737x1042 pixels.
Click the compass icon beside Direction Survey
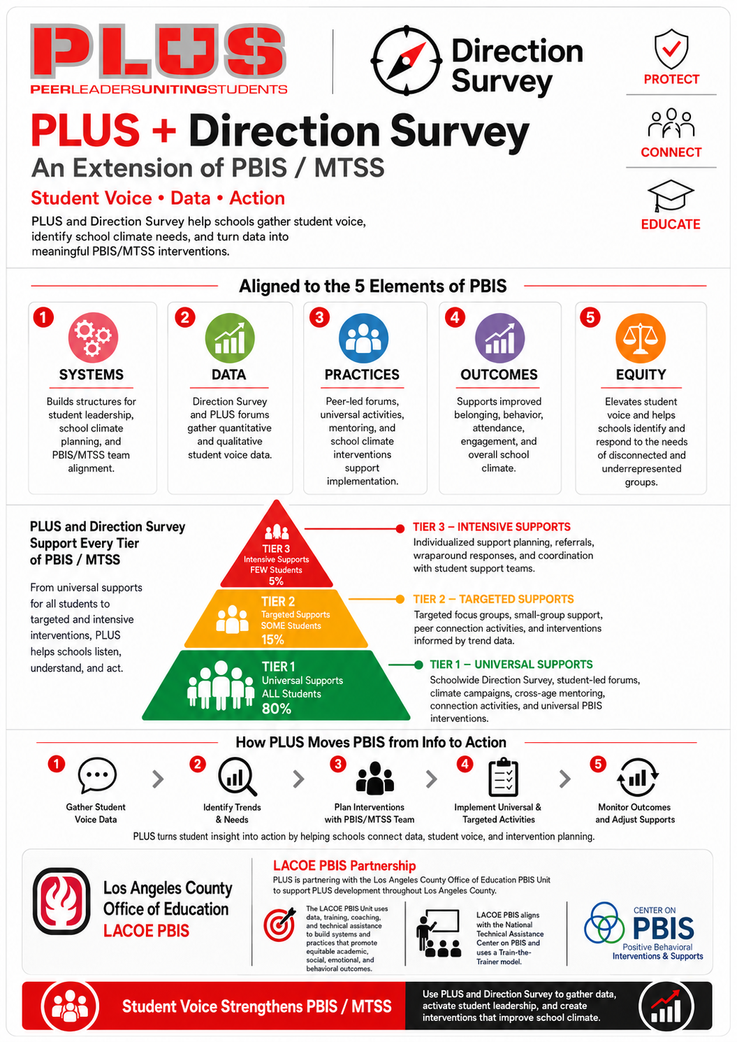coord(406,61)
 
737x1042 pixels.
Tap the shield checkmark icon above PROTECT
coord(671,49)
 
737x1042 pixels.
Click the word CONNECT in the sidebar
coord(671,152)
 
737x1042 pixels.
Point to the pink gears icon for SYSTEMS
coord(93,338)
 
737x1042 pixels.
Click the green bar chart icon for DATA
coord(230,338)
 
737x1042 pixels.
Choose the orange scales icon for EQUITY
coord(641,338)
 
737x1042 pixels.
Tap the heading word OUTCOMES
coord(499,375)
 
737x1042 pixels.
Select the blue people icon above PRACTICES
coord(364,338)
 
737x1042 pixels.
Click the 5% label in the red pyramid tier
coord(276,581)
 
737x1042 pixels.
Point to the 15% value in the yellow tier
coord(272,639)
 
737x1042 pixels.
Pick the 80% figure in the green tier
coord(276,709)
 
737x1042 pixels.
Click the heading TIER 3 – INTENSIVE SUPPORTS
coord(492,526)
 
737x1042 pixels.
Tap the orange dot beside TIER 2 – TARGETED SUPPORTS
coord(400,599)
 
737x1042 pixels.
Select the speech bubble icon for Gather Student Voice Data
coord(96,775)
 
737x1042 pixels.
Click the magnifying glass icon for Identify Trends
coord(237,777)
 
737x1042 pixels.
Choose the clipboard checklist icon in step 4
coord(503,777)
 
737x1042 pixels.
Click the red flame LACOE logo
coord(61,901)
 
